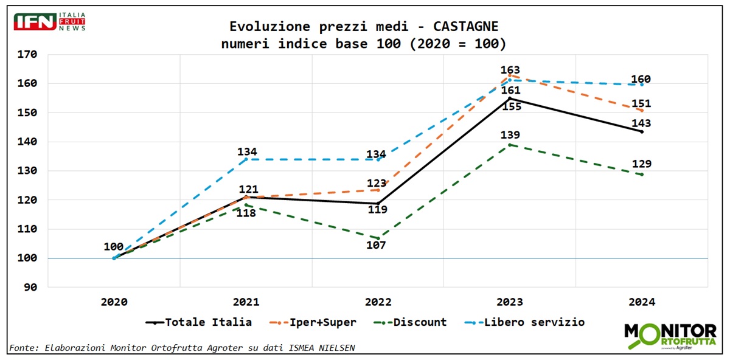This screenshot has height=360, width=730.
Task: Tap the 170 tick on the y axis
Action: pyautogui.click(x=28, y=54)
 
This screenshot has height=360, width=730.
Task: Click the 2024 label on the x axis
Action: pyautogui.click(x=642, y=302)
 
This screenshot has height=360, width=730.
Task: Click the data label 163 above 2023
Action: pyautogui.click(x=510, y=71)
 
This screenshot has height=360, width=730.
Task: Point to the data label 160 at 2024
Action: pyautogui.click(x=641, y=79)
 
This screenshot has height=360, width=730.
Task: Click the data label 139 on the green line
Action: pyautogui.click(x=510, y=135)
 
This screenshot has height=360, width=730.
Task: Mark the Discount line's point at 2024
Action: pyautogui.click(x=642, y=175)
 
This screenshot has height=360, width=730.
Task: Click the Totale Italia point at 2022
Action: pyautogui.click(x=378, y=203)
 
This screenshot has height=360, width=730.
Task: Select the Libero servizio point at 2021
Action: pyautogui.click(x=246, y=159)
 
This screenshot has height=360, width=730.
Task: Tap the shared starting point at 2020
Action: pyautogui.click(x=114, y=258)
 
